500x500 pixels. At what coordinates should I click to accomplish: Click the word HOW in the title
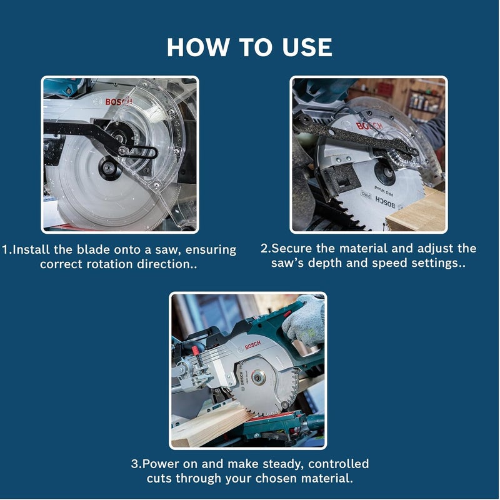[197, 47]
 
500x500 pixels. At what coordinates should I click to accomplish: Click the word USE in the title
[307, 47]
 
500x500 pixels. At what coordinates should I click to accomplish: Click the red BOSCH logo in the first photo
[119, 102]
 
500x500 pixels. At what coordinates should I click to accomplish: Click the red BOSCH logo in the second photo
[369, 126]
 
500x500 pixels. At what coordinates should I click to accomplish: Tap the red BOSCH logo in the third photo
[253, 345]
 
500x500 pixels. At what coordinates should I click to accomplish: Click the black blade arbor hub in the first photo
[110, 168]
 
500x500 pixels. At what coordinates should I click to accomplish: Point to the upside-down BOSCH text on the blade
[385, 202]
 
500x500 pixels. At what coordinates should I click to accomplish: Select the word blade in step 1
[93, 249]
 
